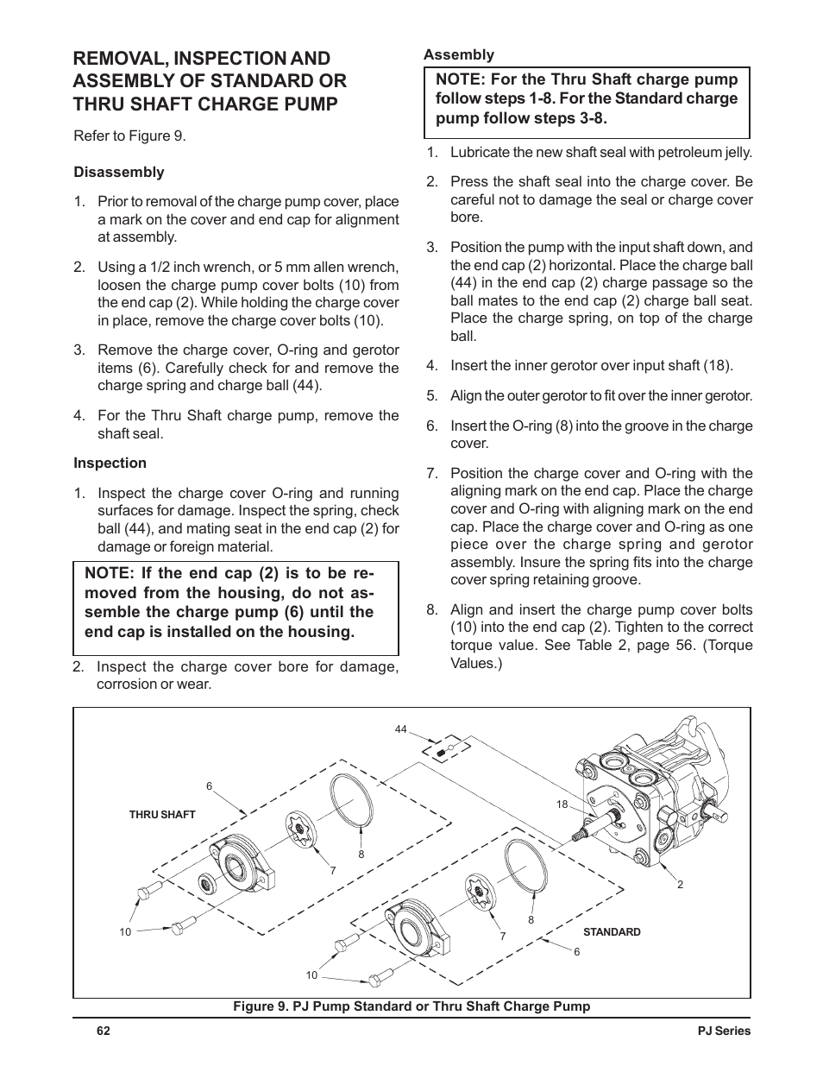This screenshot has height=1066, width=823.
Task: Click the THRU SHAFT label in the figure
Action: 162,814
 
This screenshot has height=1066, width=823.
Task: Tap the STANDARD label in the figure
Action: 612,932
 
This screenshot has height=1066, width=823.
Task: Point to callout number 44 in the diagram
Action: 400,729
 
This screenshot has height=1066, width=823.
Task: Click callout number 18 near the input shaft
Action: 562,804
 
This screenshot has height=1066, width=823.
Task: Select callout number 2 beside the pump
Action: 680,884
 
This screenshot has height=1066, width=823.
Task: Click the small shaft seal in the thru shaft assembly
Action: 208,883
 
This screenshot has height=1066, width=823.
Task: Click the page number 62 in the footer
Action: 104,1031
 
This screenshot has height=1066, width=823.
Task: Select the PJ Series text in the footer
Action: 724,1031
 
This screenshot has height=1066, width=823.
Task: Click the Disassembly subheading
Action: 118,172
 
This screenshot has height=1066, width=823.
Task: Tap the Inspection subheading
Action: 110,463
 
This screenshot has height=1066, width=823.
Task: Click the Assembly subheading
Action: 458,54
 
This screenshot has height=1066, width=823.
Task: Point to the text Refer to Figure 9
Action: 129,136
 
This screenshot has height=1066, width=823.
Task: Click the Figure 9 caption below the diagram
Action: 411,1006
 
